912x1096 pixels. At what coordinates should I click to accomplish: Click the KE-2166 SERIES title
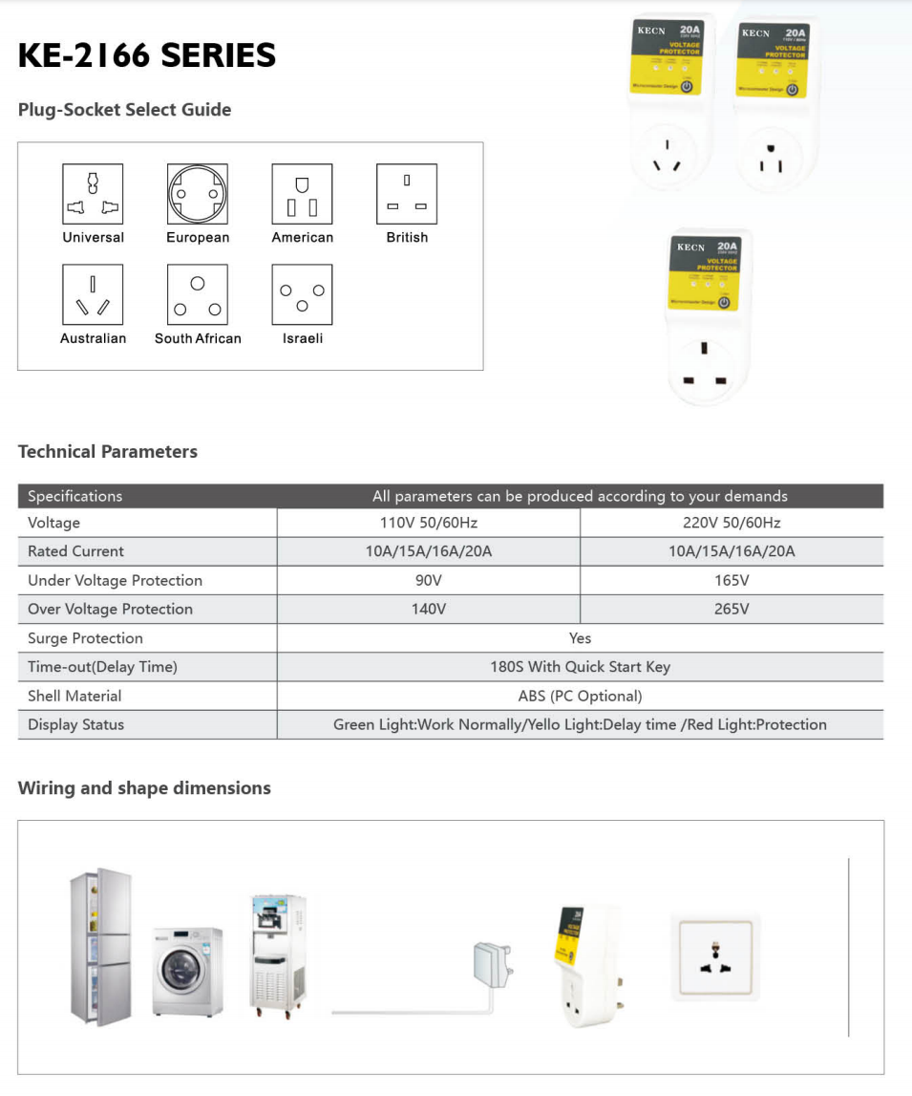coord(147,55)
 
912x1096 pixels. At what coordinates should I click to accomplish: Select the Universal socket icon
coord(93,194)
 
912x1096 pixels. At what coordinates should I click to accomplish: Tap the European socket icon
coord(198,194)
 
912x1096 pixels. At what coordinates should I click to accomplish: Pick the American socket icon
coord(302,194)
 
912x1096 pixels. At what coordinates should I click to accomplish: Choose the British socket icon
coord(407,194)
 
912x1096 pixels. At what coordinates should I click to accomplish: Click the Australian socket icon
coord(93,295)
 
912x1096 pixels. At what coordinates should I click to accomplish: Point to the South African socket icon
coord(198,295)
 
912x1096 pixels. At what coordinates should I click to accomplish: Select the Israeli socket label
coord(303,338)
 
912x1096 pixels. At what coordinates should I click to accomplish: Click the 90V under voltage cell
coord(428,580)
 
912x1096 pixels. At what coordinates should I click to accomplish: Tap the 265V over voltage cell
coord(732,609)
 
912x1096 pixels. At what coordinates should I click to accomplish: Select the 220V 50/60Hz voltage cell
coord(732,523)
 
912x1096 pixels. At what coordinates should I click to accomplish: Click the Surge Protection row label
coord(85,638)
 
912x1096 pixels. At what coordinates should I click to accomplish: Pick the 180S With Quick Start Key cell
coord(580,667)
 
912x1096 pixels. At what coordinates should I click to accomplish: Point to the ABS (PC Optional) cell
coord(580,696)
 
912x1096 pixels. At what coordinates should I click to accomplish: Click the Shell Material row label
coord(74,696)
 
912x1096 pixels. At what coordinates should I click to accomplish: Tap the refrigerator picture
coord(101,947)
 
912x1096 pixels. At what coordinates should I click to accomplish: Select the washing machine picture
coord(188,971)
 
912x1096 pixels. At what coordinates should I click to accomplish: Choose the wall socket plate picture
coord(715,957)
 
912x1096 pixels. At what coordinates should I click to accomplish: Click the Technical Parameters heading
coord(108,452)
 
